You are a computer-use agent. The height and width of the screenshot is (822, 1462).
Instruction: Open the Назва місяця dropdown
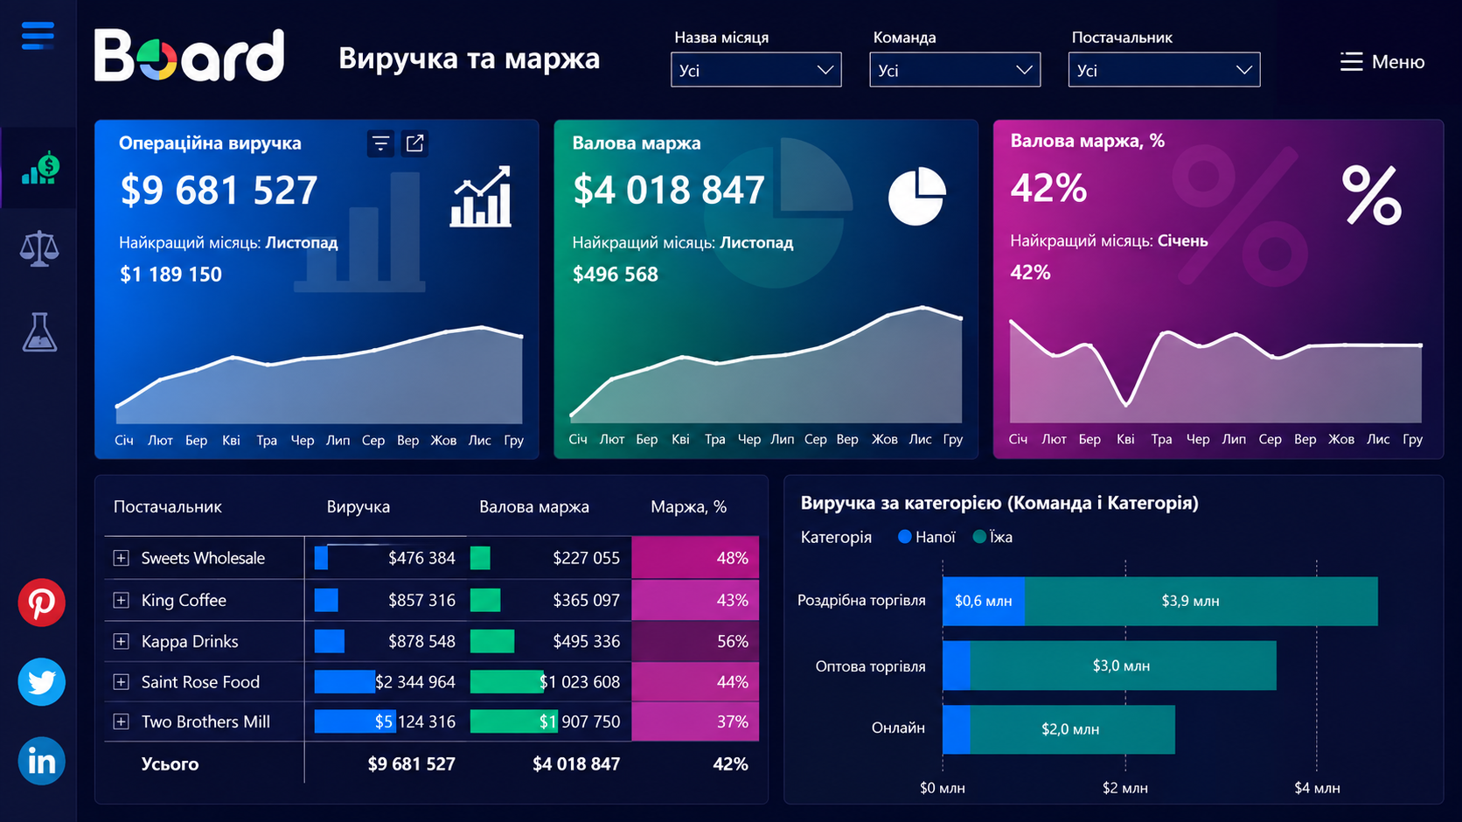755,70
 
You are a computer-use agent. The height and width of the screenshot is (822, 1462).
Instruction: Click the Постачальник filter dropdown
1164,70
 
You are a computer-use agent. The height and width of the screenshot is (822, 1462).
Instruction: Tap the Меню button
1382,62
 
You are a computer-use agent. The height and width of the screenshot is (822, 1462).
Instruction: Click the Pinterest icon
41,602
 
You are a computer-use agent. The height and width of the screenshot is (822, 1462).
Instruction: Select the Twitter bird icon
41,681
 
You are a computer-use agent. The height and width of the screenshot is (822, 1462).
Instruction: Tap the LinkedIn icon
41,761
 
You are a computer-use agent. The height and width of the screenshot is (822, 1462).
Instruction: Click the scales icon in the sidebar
39,248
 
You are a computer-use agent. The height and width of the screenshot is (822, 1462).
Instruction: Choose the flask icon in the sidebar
39,331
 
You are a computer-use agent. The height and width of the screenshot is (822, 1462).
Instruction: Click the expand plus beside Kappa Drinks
121,641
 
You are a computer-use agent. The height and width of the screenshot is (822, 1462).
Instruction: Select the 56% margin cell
695,641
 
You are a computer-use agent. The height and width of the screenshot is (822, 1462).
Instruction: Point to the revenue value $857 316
421,600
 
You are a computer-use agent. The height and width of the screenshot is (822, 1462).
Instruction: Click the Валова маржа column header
534,506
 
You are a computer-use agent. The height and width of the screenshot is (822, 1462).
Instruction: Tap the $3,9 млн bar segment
1201,601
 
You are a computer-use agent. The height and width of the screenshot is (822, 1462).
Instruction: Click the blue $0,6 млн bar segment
984,601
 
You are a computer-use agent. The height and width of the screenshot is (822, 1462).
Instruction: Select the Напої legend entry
927,537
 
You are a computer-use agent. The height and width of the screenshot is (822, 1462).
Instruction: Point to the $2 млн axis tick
1125,788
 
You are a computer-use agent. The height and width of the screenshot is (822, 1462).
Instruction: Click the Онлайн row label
898,728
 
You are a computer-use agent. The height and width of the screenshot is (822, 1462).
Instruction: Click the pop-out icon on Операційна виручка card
414,143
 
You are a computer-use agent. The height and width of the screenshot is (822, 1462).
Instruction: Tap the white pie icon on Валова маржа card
917,196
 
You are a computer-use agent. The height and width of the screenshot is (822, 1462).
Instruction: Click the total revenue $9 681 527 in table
411,764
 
